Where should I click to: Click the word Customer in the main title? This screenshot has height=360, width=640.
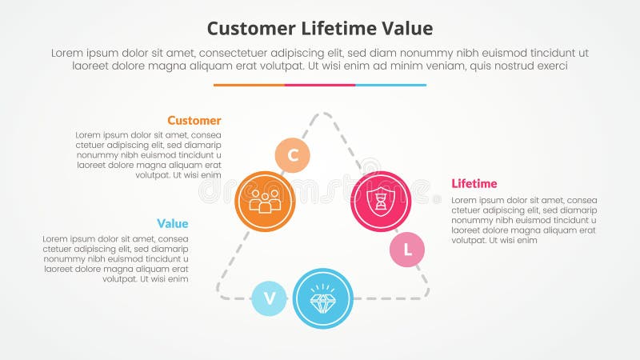click(248, 29)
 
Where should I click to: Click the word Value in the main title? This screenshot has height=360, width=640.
click(408, 29)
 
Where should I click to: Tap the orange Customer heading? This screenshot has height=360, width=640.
click(194, 120)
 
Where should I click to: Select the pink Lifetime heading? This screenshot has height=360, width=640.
click(474, 183)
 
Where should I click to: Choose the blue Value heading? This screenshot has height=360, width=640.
click(173, 223)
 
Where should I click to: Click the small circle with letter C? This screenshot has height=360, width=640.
click(293, 155)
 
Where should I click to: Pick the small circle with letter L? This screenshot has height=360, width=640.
click(407, 250)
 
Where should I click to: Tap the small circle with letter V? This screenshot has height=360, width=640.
click(270, 298)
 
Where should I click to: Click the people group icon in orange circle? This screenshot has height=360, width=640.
click(266, 201)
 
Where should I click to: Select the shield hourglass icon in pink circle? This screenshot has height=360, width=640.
click(381, 201)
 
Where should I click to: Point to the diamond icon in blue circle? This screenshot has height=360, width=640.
click(323, 298)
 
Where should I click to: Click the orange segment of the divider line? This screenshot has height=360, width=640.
click(249, 85)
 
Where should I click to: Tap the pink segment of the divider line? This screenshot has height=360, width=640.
click(320, 85)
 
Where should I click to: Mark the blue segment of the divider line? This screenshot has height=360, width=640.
click(391, 85)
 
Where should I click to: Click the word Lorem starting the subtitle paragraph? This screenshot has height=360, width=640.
click(68, 52)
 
